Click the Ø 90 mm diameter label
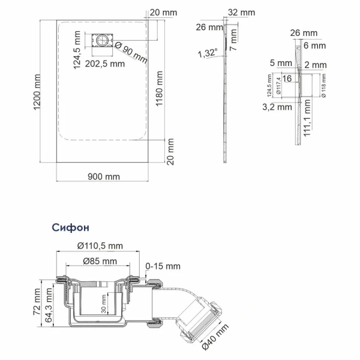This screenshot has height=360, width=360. tap(130, 52)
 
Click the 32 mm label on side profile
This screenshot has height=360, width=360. tap(242, 12)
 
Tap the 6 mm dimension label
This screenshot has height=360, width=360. tap(315, 45)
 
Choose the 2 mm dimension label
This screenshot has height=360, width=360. tap(315, 64)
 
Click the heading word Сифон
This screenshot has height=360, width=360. tap(71, 228)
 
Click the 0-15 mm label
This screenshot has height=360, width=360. tap(163, 266)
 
